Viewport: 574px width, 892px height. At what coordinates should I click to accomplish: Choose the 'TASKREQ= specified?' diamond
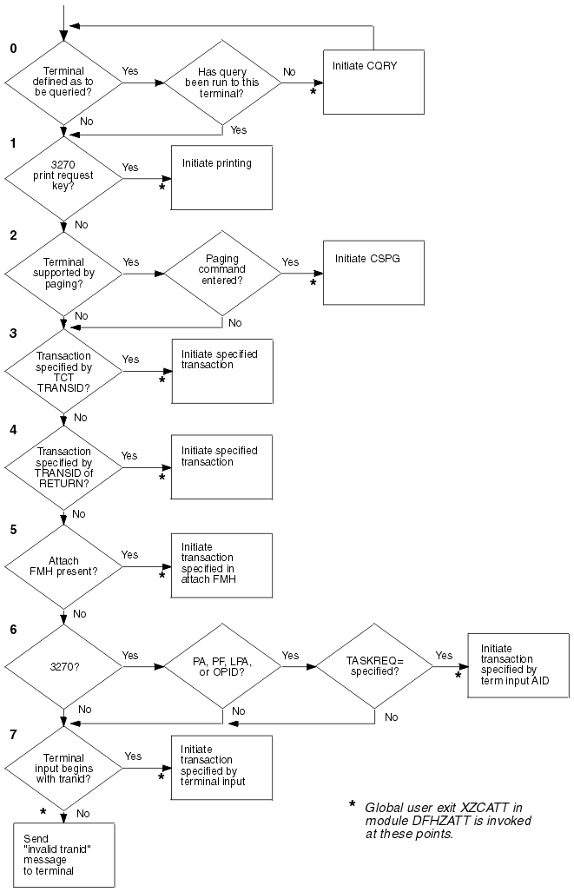click(373, 669)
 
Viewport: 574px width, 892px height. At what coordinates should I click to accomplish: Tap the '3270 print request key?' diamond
click(64, 180)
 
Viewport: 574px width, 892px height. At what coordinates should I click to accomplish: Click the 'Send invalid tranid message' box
click(64, 855)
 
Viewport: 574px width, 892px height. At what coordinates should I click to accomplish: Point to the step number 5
click(12, 527)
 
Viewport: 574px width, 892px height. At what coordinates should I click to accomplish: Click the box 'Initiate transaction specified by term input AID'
click(518, 665)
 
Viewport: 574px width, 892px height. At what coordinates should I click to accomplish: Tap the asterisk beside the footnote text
click(352, 805)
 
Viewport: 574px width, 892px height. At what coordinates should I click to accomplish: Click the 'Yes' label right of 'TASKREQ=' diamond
click(443, 656)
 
